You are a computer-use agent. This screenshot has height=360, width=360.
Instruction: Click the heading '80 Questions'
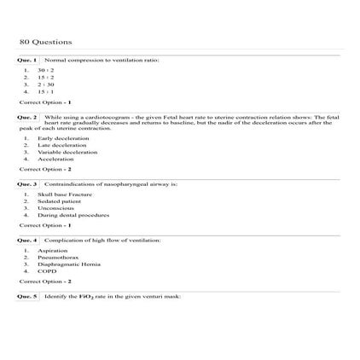(45, 42)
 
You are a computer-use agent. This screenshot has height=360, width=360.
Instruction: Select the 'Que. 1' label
(27, 61)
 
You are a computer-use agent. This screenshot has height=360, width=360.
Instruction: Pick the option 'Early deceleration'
(63, 138)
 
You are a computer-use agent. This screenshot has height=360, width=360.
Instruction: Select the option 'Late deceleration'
(62, 145)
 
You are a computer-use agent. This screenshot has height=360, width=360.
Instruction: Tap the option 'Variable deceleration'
(67, 152)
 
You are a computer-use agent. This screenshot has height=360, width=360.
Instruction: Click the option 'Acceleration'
(56, 159)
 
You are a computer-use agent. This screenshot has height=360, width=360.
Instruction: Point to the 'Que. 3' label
(27, 184)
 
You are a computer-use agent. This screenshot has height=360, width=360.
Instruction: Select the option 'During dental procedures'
(74, 215)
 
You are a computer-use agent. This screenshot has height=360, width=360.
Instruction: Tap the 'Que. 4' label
(27, 241)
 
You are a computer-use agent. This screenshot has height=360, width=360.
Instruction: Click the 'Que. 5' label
(27, 296)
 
